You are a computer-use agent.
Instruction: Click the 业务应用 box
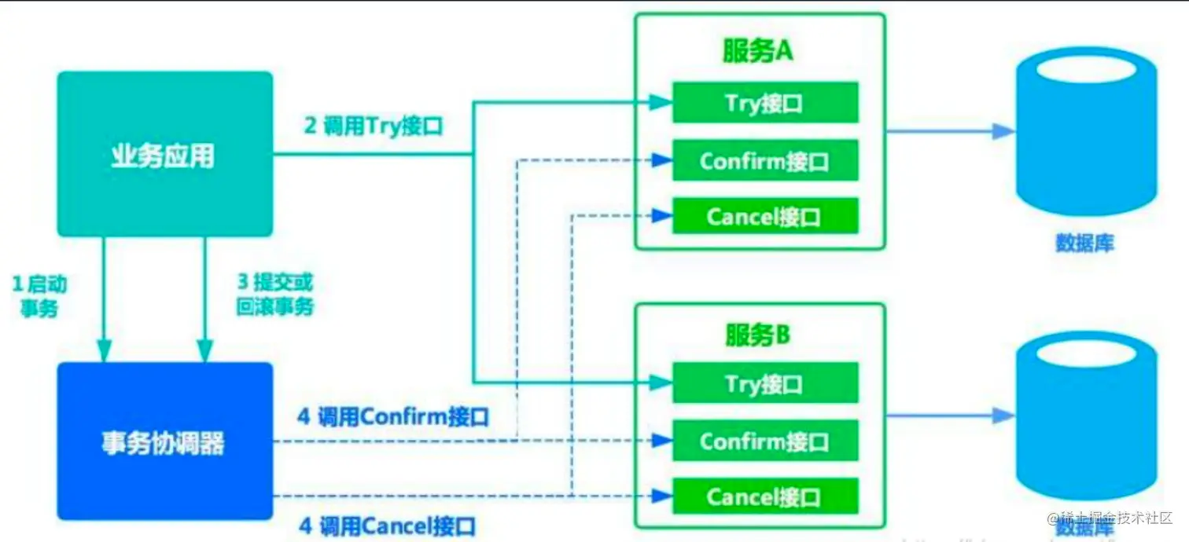coord(164,154)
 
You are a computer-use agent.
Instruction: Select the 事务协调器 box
coord(164,441)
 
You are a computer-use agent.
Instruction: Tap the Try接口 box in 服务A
coord(764,103)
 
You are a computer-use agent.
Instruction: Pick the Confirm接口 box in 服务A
coord(764,161)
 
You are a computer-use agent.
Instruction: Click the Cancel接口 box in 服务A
coord(764,216)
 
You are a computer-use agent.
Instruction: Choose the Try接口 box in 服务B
coord(764,383)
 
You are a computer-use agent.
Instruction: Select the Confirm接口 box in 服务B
coord(764,441)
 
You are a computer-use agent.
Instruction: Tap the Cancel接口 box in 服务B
coord(764,496)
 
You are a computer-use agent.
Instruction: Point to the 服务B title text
coord(758,335)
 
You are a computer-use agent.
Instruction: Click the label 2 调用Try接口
coord(374,126)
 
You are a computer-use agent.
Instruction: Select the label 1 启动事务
coord(39,295)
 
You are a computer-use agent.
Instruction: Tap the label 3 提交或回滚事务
coord(274,295)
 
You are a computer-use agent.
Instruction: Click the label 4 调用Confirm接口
coord(392,416)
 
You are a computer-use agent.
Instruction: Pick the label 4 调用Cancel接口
coord(387,526)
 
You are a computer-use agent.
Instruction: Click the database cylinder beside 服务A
coord(1085,134)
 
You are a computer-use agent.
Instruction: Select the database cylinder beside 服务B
coord(1085,416)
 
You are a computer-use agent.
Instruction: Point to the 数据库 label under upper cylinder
coord(1084,243)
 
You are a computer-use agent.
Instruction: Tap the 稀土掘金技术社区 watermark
coord(1108,518)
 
